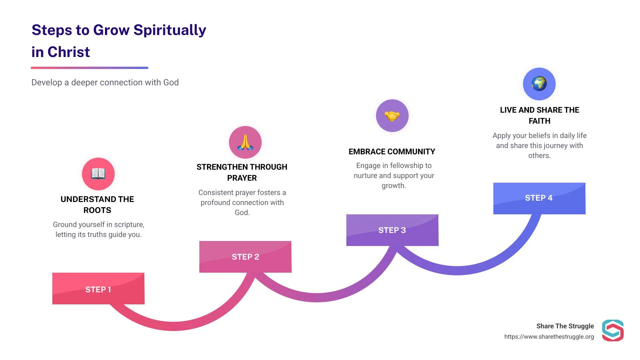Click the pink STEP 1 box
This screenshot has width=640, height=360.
click(98, 289)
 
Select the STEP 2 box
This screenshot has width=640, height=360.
click(245, 257)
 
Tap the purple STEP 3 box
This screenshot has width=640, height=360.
click(392, 230)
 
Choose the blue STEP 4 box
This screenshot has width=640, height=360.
click(539, 198)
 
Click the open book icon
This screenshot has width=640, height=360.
click(98, 174)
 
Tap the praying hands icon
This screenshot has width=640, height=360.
click(245, 142)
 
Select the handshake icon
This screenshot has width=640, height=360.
click(392, 116)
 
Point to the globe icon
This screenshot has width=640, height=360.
click(539, 84)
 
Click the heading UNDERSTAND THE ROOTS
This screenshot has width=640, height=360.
click(97, 204)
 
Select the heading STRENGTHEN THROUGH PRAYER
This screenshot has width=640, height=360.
click(242, 172)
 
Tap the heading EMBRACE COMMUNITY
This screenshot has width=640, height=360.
click(392, 152)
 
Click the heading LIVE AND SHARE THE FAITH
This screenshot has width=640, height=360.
click(539, 115)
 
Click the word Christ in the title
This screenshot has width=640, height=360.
click(69, 52)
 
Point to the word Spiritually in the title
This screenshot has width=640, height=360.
click(170, 30)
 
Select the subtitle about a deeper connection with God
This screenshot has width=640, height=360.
click(105, 82)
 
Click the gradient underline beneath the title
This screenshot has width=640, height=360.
click(89, 68)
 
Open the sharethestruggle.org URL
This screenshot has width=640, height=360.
click(549, 337)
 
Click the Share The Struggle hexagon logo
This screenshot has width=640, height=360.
click(613, 330)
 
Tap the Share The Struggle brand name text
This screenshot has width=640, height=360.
click(565, 326)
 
